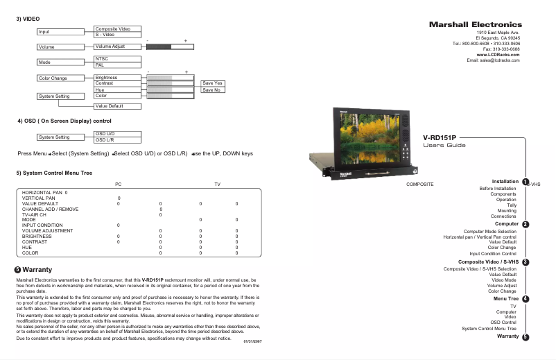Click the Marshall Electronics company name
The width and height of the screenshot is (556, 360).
pos(475,25)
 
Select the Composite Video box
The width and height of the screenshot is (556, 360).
pos(117,28)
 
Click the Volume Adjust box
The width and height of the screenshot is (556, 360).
pos(117,46)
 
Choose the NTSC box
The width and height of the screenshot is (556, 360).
pos(117,59)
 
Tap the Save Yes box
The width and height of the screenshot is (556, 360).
pos(211,83)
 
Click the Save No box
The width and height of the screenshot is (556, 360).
pos(211,90)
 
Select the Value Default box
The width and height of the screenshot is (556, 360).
pos(117,105)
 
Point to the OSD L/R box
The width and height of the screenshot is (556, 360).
pos(117,140)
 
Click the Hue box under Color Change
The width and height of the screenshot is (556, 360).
pos(117,89)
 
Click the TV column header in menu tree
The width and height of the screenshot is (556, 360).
pos(217,184)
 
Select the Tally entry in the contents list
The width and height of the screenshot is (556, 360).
pos(511,205)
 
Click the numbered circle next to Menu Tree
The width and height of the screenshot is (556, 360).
pos(525,299)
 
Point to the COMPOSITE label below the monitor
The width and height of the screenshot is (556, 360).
pos(419,185)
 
